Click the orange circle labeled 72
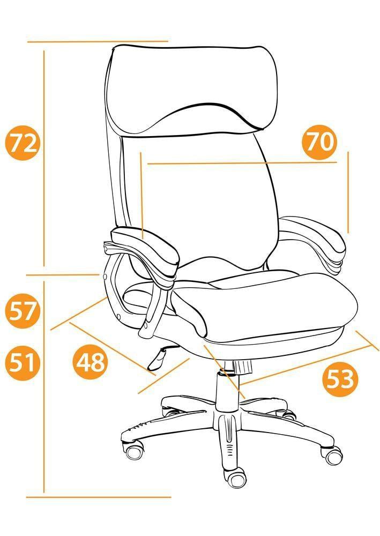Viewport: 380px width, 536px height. (23, 143)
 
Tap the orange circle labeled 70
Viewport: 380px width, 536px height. (319, 142)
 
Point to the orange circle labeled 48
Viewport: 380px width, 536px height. (91, 362)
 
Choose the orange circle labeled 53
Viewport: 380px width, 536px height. (340, 379)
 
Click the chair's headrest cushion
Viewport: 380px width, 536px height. (190, 89)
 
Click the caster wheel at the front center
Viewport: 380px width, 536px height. (235, 478)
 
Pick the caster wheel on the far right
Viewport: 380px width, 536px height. (333, 455)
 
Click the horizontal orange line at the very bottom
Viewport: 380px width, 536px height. (99, 497)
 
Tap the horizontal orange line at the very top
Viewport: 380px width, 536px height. (98, 41)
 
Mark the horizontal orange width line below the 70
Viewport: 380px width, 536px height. (242, 163)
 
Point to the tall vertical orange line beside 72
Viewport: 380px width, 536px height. (44, 158)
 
